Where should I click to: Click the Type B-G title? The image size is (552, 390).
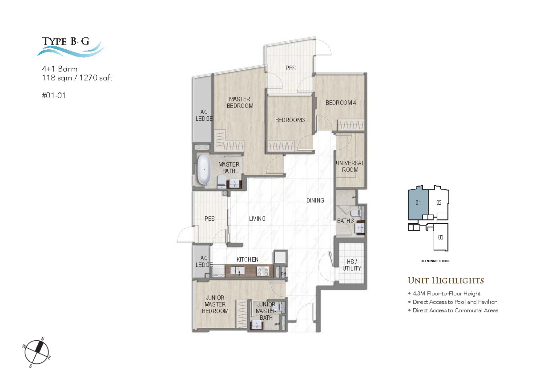pyautogui.click(x=66, y=42)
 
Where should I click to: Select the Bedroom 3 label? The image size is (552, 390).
pyautogui.click(x=290, y=120)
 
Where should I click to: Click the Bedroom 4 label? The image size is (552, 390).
pyautogui.click(x=340, y=103)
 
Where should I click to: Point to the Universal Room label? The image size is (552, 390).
pyautogui.click(x=350, y=166)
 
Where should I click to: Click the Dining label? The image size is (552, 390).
pyautogui.click(x=315, y=200)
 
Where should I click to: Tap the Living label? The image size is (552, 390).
pyautogui.click(x=257, y=219)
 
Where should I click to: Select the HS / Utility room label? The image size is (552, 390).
pyautogui.click(x=351, y=265)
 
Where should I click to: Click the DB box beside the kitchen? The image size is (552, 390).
pyautogui.click(x=283, y=273)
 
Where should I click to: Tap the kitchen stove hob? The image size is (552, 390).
pyautogui.click(x=262, y=271)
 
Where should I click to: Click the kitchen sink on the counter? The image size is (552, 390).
pyautogui.click(x=238, y=271)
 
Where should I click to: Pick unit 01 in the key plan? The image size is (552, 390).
pyautogui.click(x=418, y=203)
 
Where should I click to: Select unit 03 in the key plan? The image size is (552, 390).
pyautogui.click(x=440, y=237)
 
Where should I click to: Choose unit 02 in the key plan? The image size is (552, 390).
pyautogui.click(x=439, y=203)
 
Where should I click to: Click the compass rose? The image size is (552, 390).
pyautogui.click(x=37, y=352)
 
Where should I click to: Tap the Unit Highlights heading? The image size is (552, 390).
pyautogui.click(x=446, y=281)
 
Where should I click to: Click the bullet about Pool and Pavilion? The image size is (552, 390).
pyautogui.click(x=455, y=302)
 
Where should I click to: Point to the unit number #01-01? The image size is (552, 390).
pyautogui.click(x=54, y=95)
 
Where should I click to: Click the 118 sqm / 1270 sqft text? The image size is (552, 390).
pyautogui.click(x=77, y=78)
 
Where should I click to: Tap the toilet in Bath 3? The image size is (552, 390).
pyautogui.click(x=356, y=213)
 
